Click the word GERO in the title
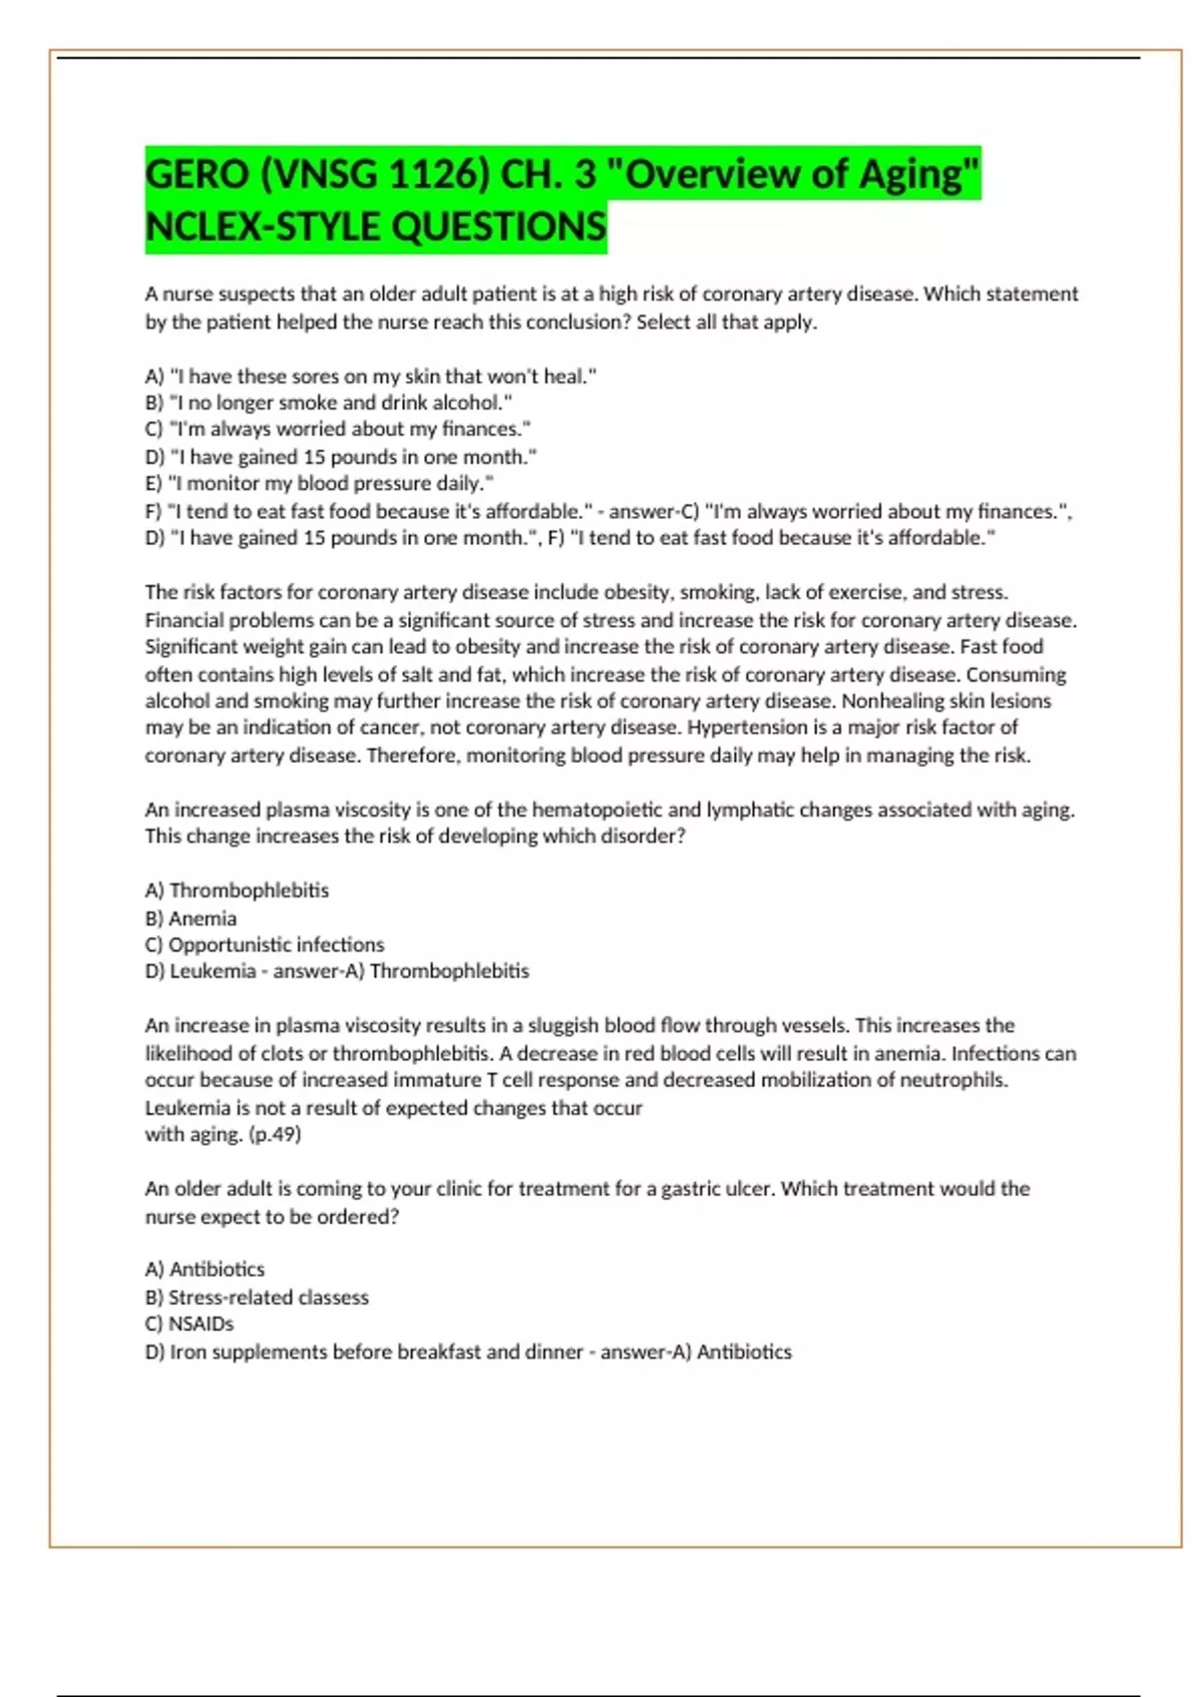coord(197,175)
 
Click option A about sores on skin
coord(370,376)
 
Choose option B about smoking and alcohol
coord(328,403)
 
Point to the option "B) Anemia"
coord(191,918)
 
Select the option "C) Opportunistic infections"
coord(265,944)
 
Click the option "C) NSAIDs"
coord(190,1324)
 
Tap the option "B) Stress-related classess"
coord(257,1298)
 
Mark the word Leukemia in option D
coord(213,971)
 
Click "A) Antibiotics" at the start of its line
coord(205,1270)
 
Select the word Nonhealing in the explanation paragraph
coord(889,701)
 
